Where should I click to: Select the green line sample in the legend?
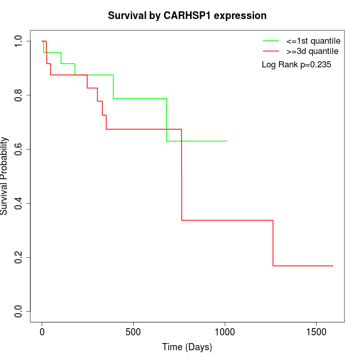pos(271,41)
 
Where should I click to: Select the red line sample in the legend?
pos(271,51)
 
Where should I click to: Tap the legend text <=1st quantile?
pos(313,41)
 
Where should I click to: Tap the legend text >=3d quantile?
pos(312,51)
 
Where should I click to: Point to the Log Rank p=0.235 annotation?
pos(296,65)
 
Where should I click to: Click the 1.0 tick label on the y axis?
pos(18,41)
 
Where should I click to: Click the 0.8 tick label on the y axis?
pos(18,95)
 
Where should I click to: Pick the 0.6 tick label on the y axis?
pos(18,149)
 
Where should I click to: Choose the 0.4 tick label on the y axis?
pos(18,204)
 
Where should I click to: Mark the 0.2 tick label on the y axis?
pos(18,257)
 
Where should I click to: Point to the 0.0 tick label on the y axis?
pos(18,312)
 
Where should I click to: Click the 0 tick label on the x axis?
pos(42,332)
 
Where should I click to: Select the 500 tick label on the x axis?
pos(133,332)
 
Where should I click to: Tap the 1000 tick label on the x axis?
pos(225,332)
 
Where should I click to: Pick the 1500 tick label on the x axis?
pos(316,332)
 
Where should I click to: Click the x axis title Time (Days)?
pos(187,347)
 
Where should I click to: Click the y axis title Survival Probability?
pos(4,176)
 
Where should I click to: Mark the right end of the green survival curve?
pos(227,141)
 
